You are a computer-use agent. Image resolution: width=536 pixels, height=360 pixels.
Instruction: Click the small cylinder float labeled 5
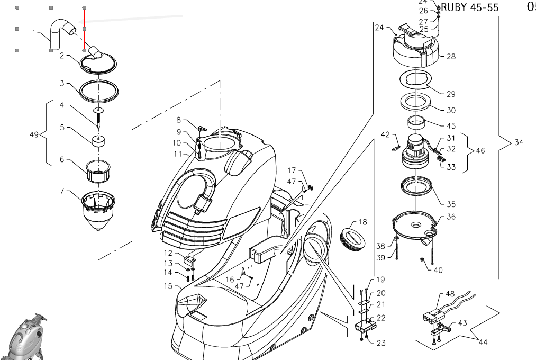point(98,141)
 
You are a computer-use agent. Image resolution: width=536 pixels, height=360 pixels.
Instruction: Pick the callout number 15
point(168,286)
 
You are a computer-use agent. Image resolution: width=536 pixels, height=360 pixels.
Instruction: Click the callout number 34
point(519,142)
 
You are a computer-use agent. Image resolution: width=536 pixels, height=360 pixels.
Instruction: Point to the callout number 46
point(480,151)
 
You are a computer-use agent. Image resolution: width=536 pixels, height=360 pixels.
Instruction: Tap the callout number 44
point(483,343)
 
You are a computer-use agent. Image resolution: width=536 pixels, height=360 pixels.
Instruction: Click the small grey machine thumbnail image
point(24,339)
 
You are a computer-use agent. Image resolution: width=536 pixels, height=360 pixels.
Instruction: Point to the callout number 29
point(451,94)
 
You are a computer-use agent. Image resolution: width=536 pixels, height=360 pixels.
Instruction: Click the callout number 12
point(168,253)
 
